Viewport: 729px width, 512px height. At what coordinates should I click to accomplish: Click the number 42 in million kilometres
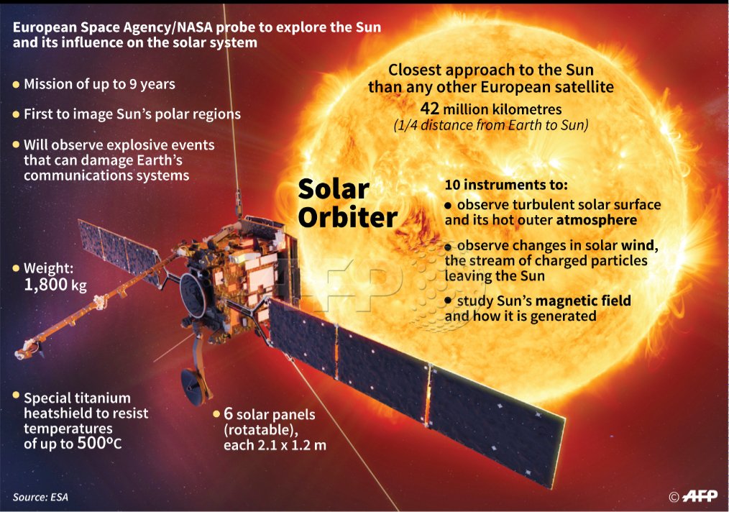pos(430,109)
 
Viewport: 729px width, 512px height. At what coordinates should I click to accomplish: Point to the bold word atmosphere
pos(596,220)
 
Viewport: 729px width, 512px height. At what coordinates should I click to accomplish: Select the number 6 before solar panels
pos(229,415)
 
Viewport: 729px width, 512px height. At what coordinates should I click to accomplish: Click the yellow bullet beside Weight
pos(16,268)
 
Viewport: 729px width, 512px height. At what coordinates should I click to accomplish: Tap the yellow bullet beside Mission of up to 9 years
pos(16,84)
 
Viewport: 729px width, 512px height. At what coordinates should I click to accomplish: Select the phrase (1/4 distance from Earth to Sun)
pos(490,124)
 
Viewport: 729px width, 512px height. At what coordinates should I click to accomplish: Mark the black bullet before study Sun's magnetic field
pos(449,301)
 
